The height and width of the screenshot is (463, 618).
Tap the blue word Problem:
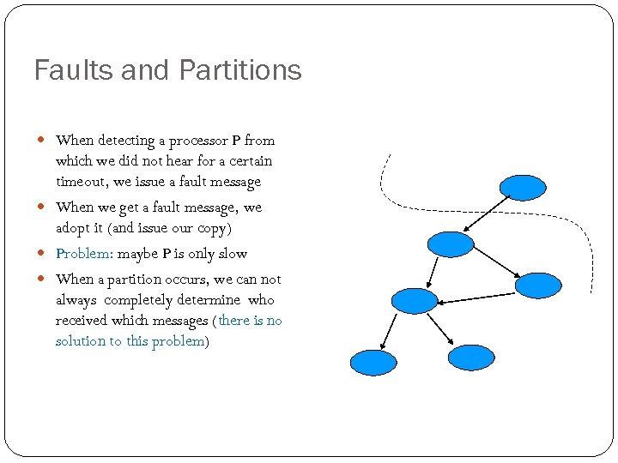(84, 254)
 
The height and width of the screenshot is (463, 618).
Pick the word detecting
(128, 140)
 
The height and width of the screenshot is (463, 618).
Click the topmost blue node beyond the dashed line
(523, 187)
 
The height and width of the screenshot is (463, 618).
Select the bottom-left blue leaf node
(373, 363)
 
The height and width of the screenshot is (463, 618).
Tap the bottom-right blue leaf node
(472, 358)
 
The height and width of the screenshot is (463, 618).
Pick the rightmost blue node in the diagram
(538, 286)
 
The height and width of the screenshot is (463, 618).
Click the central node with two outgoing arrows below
(414, 300)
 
